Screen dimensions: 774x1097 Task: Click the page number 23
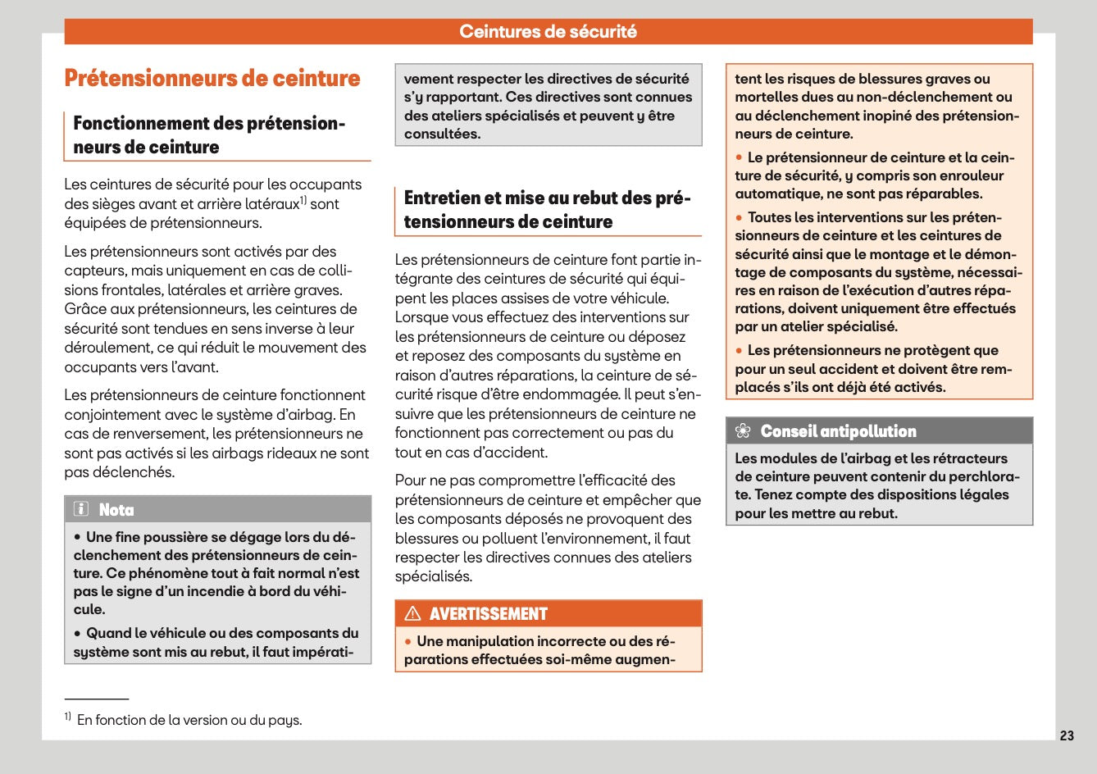point(1067,735)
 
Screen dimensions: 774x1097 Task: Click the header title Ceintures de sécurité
point(548,32)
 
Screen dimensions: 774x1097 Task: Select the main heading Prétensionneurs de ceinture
point(212,79)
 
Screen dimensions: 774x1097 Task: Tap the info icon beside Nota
point(81,509)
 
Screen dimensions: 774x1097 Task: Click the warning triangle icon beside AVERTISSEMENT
point(412,613)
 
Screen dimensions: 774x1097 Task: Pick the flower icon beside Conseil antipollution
point(743,431)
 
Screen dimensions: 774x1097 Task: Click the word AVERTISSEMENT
point(488,614)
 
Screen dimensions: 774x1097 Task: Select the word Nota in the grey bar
point(116,510)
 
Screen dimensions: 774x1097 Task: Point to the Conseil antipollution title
point(838,431)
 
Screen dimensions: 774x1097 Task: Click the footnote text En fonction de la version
point(189,720)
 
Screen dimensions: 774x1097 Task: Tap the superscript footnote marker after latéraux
point(303,200)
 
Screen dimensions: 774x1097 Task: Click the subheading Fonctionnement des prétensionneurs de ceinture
point(209,135)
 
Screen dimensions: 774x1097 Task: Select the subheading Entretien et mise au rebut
point(547,210)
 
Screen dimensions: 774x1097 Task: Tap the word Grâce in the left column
point(83,309)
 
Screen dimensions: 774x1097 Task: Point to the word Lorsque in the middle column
point(421,317)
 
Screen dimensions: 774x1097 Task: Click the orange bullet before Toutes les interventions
point(739,217)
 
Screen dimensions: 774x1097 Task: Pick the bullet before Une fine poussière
point(77,538)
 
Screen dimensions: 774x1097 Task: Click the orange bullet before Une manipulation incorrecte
point(407,641)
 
